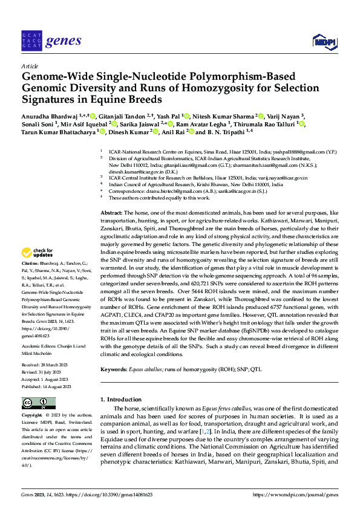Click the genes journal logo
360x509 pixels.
(51, 41)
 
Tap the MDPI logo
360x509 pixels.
(323, 41)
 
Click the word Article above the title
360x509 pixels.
(30, 66)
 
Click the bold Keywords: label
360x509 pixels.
(116, 369)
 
